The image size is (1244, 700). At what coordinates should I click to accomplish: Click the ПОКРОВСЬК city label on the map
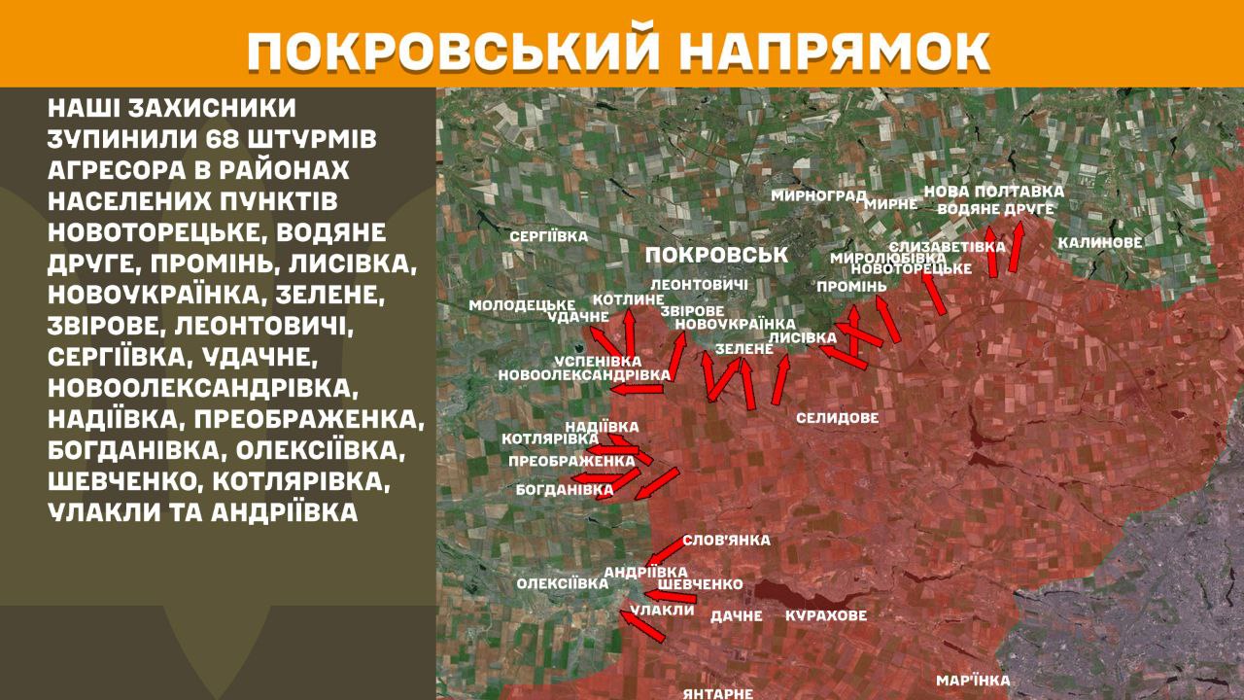(x=715, y=255)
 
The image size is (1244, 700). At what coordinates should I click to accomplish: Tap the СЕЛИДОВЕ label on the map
(x=837, y=418)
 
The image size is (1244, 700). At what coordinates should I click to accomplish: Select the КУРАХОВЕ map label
(x=826, y=615)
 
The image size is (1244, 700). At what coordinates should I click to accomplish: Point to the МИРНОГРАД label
(x=818, y=195)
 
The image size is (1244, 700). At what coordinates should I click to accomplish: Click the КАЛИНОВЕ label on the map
(x=1100, y=242)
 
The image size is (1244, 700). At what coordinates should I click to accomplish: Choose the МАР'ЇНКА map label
(x=973, y=681)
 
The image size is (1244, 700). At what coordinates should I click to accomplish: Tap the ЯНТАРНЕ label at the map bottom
(x=718, y=693)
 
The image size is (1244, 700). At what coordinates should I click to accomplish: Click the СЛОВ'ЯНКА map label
(x=726, y=541)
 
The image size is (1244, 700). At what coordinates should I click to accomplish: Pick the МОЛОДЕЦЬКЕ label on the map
(x=522, y=304)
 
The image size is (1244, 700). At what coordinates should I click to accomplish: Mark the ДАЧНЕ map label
(x=737, y=615)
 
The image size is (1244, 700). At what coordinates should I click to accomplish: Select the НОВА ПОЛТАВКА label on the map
(x=993, y=192)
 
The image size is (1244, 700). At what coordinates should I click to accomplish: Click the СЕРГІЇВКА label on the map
(x=549, y=236)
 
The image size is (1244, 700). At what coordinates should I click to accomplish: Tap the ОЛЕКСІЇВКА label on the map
(x=563, y=583)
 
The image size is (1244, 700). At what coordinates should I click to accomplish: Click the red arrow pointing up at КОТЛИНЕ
(x=629, y=332)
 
